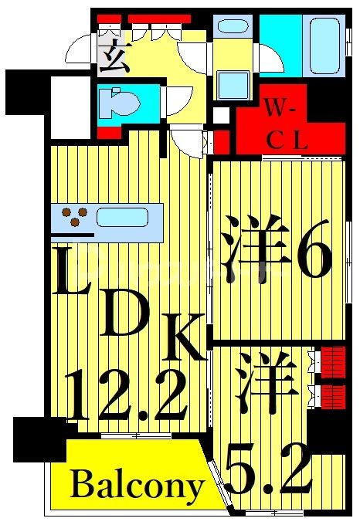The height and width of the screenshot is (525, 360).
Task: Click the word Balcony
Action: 138,486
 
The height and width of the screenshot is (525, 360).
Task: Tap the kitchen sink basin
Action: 122,217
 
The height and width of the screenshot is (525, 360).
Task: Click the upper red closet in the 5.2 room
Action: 332,359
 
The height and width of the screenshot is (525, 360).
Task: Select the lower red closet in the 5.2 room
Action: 332,395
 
